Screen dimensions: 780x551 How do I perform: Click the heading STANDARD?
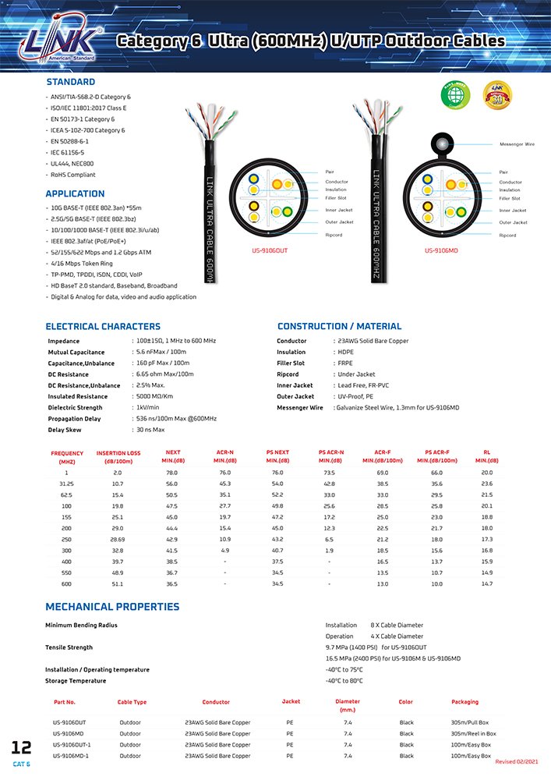click(70, 82)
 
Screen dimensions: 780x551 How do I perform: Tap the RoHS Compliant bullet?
click(74, 175)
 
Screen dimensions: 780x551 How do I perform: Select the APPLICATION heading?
click(75, 193)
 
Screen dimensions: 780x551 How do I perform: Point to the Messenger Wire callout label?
click(517, 144)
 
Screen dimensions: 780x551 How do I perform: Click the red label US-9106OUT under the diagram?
click(270, 250)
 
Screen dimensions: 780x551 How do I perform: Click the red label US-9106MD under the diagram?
click(441, 250)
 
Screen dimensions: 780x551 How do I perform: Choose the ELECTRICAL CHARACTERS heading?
click(103, 326)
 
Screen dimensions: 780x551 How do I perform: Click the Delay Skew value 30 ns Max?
click(150, 430)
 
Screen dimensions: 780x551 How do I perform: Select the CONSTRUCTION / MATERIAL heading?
click(339, 326)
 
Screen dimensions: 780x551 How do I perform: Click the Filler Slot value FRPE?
click(343, 363)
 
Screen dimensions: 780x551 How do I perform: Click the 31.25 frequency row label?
click(66, 484)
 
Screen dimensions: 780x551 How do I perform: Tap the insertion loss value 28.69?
click(118, 540)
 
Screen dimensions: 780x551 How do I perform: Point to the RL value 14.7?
click(486, 583)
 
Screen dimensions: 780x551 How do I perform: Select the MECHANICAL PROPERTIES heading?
click(112, 607)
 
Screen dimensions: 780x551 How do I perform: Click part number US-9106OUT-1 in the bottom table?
click(71, 744)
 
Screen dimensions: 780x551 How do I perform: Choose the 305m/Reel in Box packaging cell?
click(473, 733)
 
